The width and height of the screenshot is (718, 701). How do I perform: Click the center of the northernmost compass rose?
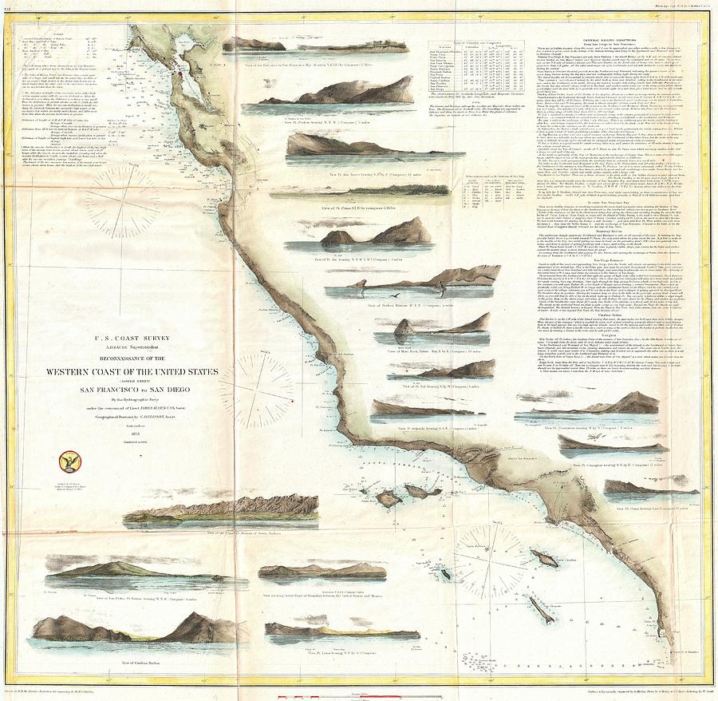tap(122, 202)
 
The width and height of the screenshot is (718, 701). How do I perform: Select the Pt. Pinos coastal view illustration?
tap(345, 191)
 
